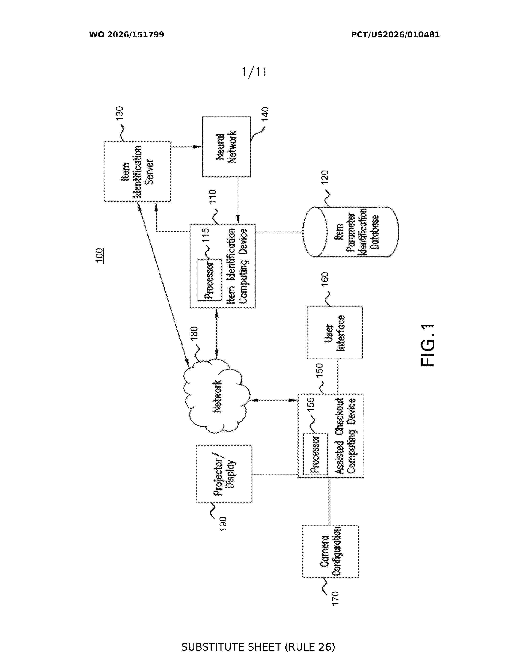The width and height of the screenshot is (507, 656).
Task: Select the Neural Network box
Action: (x=226, y=147)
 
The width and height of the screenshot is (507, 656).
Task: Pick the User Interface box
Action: (x=335, y=333)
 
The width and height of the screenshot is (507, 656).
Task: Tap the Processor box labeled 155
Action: (x=315, y=454)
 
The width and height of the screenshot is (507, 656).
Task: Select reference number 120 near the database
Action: (x=325, y=177)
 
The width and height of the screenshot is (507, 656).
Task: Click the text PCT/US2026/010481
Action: (x=395, y=35)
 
